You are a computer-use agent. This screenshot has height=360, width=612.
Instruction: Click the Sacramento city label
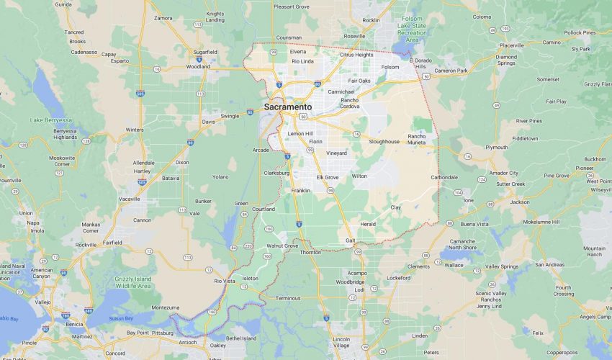pos(288,107)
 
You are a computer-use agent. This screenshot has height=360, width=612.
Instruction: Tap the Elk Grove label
pos(327,177)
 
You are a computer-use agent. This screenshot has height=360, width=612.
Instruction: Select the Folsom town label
pos(390,67)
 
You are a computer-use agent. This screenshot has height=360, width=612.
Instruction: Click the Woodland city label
pos(198,66)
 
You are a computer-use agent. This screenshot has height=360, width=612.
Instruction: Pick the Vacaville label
pos(130,198)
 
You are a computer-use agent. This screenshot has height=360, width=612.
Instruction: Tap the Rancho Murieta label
pos(417,139)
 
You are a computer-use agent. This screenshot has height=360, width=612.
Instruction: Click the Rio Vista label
pos(225,280)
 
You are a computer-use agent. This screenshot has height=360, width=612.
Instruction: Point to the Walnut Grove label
pos(282,246)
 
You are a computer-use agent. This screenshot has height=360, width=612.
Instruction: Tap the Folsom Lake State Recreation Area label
pos(412,30)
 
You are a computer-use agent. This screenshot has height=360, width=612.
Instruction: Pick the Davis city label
pos(208,122)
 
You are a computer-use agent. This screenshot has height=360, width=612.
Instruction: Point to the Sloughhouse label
pos(384,142)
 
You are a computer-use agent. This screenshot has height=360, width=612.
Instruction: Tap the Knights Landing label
pos(215,17)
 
